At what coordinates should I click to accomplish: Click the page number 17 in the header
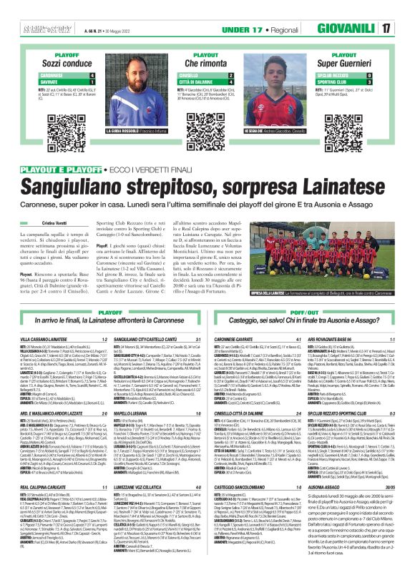(x=405, y=29)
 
